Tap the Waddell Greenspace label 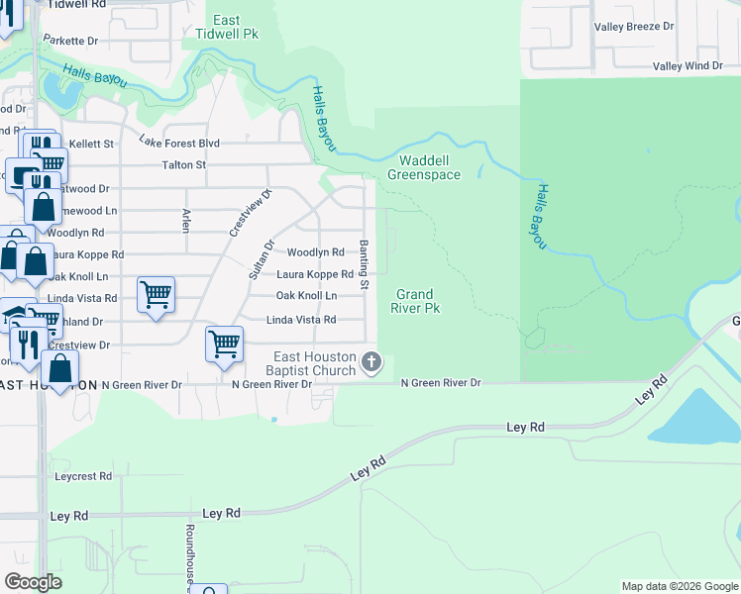tap(424, 167)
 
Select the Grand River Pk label tap(415, 301)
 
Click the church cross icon tap(371, 362)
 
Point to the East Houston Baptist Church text tap(314, 363)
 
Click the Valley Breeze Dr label tap(634, 27)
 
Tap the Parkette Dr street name tap(77, 42)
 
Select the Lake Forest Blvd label tap(178, 143)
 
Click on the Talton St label tap(183, 165)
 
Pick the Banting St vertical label tap(365, 264)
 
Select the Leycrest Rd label tap(83, 476)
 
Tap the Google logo tap(34, 582)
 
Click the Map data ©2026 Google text tap(679, 586)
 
